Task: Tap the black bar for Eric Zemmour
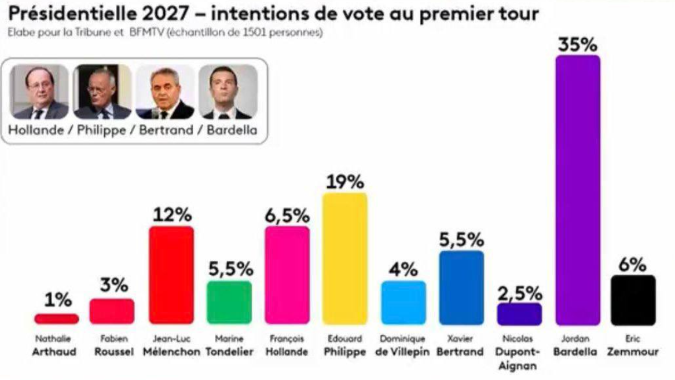coord(633,299)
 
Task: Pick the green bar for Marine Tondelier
coord(229,302)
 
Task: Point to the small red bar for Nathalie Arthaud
coord(56,319)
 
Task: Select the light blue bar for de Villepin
coord(403,302)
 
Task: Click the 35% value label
coord(577,45)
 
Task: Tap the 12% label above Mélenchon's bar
coord(171,215)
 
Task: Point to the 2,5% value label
coord(519,294)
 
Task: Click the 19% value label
coord(344,182)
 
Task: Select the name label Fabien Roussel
coord(112,346)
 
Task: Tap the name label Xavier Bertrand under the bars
coord(460,346)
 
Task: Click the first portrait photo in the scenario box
coord(40,92)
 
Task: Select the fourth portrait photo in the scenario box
coord(228,92)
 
